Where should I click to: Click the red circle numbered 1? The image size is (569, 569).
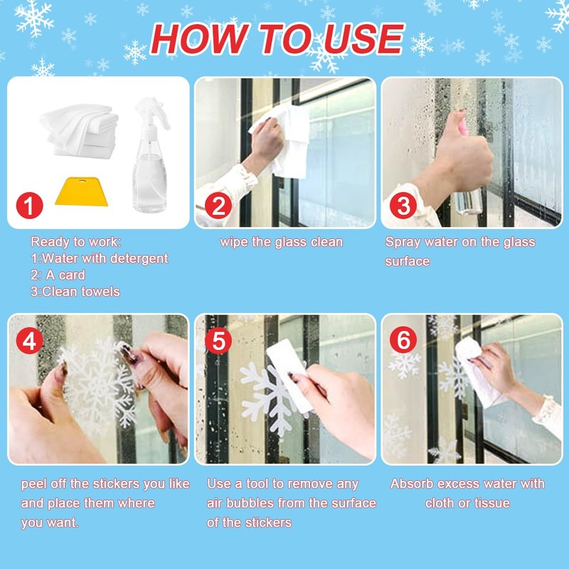coord(29,206)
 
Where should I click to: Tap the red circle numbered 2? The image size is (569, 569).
coord(218,206)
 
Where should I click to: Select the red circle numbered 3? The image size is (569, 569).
coord(403,206)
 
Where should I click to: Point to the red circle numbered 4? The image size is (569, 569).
coord(29,341)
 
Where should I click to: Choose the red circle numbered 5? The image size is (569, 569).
coord(218,341)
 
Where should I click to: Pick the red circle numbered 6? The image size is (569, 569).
coord(403,340)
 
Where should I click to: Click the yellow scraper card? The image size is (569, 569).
coord(82,191)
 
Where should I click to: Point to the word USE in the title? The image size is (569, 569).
coord(363,39)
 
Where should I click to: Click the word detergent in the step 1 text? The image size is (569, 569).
coord(139,258)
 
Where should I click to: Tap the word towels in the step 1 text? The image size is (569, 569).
coord(100,292)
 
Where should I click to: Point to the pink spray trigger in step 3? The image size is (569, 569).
coord(464,127)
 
